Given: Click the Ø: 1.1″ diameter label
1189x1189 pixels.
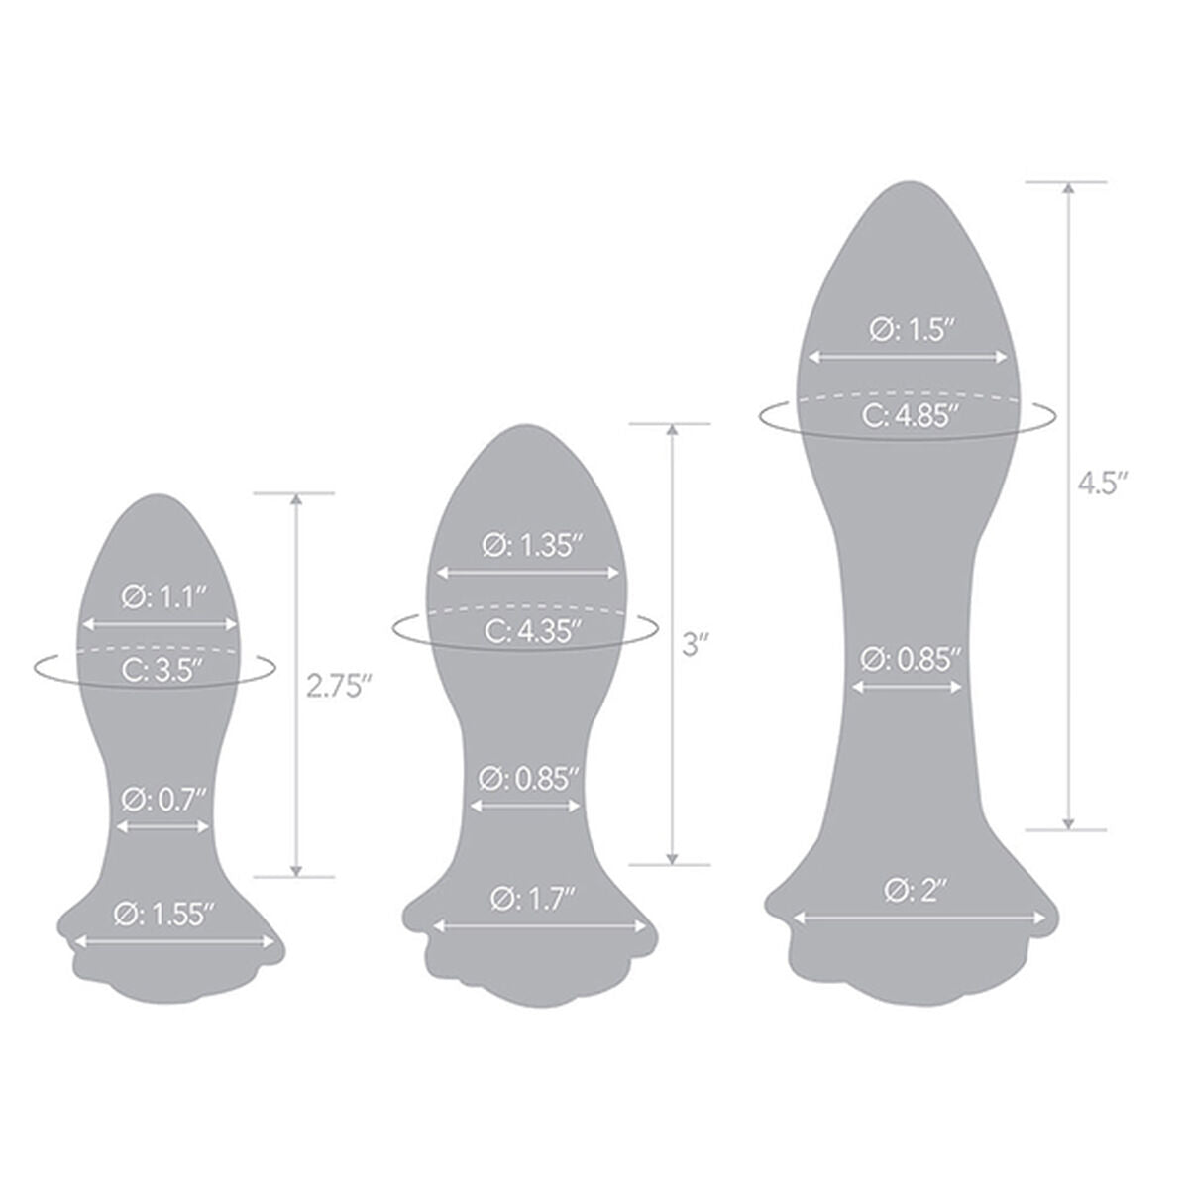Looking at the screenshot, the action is (x=163, y=597).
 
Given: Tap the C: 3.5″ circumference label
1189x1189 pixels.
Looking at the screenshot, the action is (x=162, y=670).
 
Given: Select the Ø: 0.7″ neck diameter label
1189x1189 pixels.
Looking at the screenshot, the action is (x=162, y=800).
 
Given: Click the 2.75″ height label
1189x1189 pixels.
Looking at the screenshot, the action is (x=340, y=686).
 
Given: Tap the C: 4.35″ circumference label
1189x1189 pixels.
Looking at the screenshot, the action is (x=532, y=632).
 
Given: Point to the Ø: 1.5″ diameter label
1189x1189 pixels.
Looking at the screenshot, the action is (x=913, y=330).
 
